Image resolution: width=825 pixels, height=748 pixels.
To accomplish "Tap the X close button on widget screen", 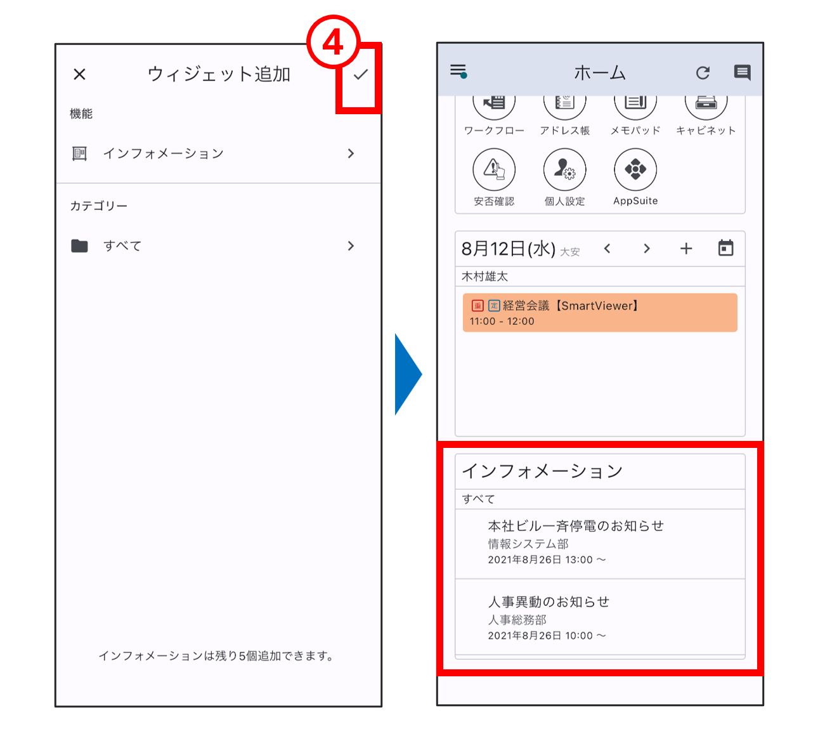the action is pyautogui.click(x=79, y=74).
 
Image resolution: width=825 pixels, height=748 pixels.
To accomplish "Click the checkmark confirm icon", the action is pyautogui.click(x=361, y=74).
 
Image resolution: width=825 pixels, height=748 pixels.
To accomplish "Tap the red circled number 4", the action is pyautogui.click(x=333, y=42).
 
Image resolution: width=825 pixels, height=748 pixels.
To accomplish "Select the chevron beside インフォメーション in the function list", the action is pyautogui.click(x=351, y=154).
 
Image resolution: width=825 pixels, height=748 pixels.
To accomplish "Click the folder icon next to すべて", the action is pyautogui.click(x=79, y=246).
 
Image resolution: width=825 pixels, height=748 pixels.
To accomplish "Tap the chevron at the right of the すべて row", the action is pyautogui.click(x=351, y=246).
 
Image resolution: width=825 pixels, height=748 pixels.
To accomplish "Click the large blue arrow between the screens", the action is pyautogui.click(x=408, y=374).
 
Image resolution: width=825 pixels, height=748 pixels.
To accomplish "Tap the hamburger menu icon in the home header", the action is pyautogui.click(x=458, y=71).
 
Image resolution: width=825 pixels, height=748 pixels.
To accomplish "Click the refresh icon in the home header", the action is pyautogui.click(x=703, y=72).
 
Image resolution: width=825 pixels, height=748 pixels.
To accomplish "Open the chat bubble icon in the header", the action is pyautogui.click(x=743, y=72).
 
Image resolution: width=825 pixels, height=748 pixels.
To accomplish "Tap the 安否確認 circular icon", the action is pyautogui.click(x=494, y=169).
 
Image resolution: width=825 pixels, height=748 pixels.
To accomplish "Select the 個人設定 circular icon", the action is pyautogui.click(x=564, y=169).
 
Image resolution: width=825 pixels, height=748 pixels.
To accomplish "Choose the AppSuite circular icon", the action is pyautogui.click(x=635, y=169).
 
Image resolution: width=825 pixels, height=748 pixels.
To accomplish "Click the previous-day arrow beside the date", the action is pyautogui.click(x=607, y=248).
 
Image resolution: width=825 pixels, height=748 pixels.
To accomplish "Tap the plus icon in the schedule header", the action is pyautogui.click(x=686, y=248).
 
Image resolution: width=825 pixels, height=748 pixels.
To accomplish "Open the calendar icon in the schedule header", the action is pyautogui.click(x=725, y=248).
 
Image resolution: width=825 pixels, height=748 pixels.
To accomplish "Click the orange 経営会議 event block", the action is pyautogui.click(x=600, y=312).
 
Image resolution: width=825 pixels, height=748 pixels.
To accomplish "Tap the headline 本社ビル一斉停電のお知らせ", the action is pyautogui.click(x=576, y=526).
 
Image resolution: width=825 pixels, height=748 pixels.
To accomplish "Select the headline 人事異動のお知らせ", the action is pyautogui.click(x=549, y=602).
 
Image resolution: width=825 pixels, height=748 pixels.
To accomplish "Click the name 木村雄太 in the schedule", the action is pyautogui.click(x=485, y=276).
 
